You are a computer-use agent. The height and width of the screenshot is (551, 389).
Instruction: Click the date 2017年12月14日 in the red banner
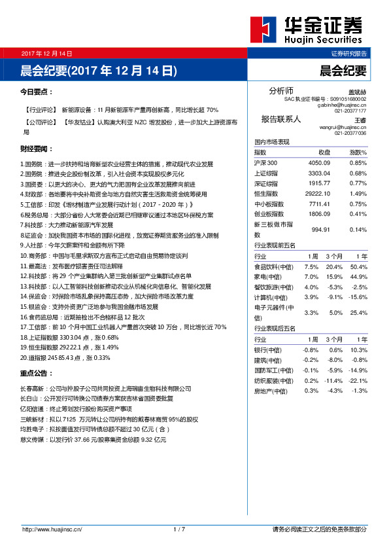click(x=46, y=53)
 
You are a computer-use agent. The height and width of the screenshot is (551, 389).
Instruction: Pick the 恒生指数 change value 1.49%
click(x=358, y=194)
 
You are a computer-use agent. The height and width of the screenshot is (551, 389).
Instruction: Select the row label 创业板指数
click(x=271, y=214)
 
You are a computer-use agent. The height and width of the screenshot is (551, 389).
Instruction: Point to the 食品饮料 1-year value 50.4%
click(x=359, y=267)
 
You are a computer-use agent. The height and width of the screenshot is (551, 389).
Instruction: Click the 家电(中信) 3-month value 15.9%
click(x=334, y=277)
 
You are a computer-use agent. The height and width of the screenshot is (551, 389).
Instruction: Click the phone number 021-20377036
click(x=350, y=133)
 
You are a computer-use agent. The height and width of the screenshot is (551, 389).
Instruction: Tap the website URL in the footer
click(x=52, y=529)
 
